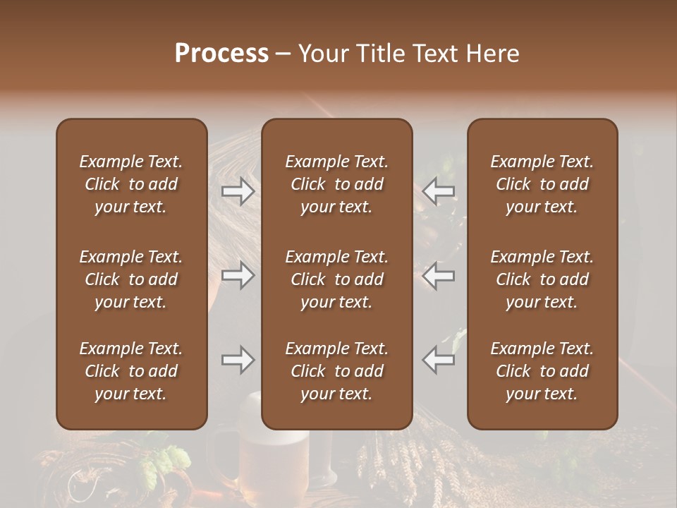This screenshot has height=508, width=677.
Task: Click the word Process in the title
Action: click(221, 54)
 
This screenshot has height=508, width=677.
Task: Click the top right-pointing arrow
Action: click(238, 191)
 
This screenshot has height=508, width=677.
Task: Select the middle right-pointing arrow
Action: click(238, 275)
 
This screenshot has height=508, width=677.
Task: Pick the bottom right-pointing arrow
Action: click(238, 360)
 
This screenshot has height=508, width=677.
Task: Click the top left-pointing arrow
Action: click(438, 191)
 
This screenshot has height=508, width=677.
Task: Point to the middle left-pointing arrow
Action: click(438, 275)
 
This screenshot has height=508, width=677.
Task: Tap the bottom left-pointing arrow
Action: click(438, 360)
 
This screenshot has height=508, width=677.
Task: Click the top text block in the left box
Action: click(131, 184)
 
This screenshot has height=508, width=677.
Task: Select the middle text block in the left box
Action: click(131, 279)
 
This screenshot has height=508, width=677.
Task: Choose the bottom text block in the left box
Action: click(131, 371)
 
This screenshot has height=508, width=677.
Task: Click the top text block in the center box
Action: click(336, 184)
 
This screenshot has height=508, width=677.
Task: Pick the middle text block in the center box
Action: click(336, 279)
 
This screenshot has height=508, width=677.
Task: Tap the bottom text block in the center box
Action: click(336, 371)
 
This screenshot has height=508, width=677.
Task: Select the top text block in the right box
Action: click(542, 184)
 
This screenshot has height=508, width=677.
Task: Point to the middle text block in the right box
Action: click(542, 279)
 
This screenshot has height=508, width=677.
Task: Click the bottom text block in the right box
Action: click(542, 371)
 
